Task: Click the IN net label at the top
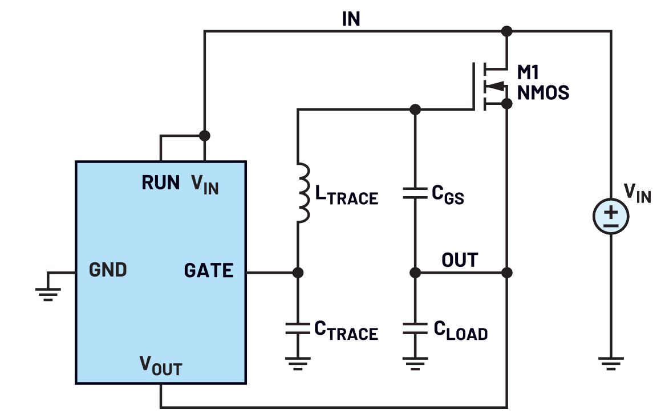pos(351,19)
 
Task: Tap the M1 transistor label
pos(528,72)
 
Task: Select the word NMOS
pos(543,92)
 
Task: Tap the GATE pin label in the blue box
pos(208,270)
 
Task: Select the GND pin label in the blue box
pos(108,270)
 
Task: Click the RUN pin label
pos(161,182)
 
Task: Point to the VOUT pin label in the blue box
pos(160,366)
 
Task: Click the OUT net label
pos(460,260)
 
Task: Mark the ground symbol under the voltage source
pos(611,362)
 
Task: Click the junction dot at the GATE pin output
pos(297,273)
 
